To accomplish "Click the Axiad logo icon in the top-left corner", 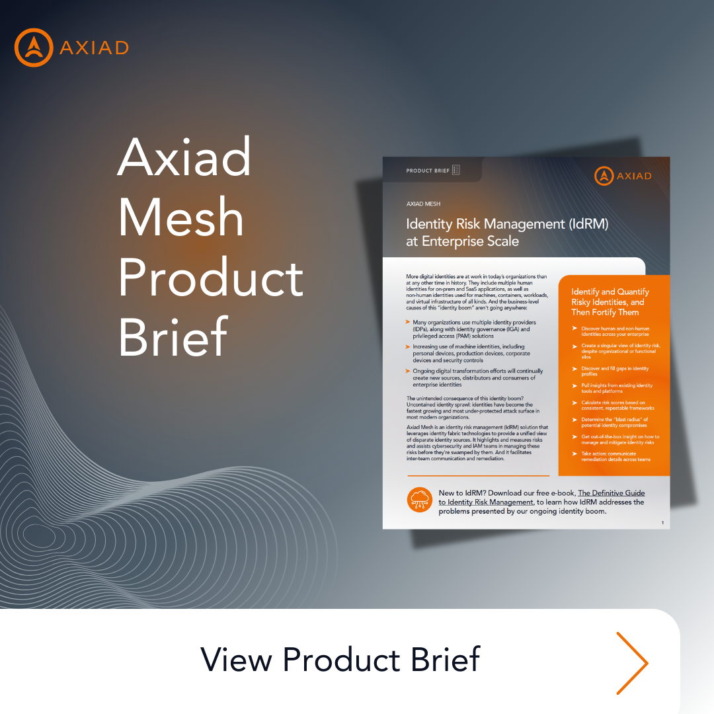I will click(x=33, y=47).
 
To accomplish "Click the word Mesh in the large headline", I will click(x=180, y=217).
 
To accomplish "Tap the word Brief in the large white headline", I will click(x=173, y=337).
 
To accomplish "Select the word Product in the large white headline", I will click(x=211, y=277).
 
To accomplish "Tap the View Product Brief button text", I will click(x=340, y=660).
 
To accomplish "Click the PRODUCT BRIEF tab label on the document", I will click(x=428, y=171).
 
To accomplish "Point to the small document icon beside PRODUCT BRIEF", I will click(x=456, y=171).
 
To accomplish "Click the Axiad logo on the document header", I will click(x=622, y=176).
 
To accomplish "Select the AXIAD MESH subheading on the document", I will click(x=423, y=204).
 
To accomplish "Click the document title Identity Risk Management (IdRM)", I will click(x=507, y=223).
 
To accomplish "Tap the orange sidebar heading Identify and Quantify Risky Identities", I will click(x=610, y=301).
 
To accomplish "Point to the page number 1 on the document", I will click(x=662, y=523).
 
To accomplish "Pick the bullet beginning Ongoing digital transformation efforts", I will click(x=474, y=377).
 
